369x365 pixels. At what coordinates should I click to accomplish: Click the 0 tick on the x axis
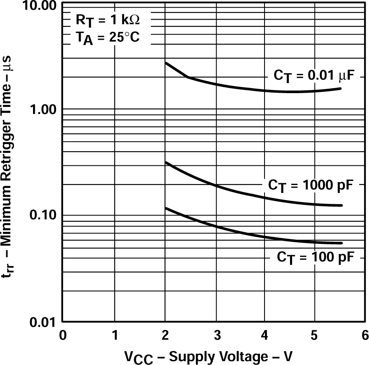tap(63, 335)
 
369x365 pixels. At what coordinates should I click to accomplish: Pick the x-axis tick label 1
tap(115, 335)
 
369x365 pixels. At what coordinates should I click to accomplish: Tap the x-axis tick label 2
tap(165, 335)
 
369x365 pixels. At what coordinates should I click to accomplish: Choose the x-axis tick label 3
tap(216, 335)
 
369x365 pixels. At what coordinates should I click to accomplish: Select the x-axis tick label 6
tap(364, 335)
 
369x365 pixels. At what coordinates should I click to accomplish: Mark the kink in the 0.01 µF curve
tap(187, 77)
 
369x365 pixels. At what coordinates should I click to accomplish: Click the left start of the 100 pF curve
tap(166, 208)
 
